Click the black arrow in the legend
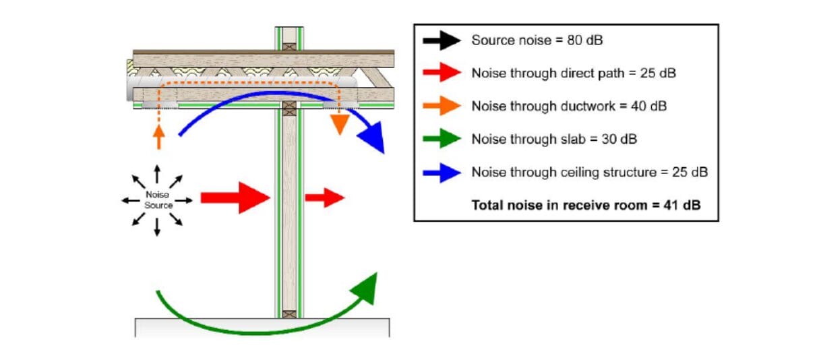pyautogui.click(x=442, y=40)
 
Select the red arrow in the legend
pyautogui.click(x=442, y=73)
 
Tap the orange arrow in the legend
pyautogui.click(x=442, y=107)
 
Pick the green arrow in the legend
pyautogui.click(x=442, y=140)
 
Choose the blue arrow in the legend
pyautogui.click(x=442, y=173)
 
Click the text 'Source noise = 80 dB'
pyautogui.click(x=537, y=40)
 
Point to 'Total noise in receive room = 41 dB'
pyautogui.click(x=586, y=205)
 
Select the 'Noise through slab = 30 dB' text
pyautogui.click(x=554, y=140)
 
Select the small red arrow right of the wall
pyautogui.click(x=324, y=198)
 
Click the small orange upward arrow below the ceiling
pyautogui.click(x=158, y=136)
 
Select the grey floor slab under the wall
pyautogui.click(x=263, y=327)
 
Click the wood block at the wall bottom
pyautogui.click(x=289, y=313)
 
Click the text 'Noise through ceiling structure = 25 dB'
pyautogui.click(x=589, y=173)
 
